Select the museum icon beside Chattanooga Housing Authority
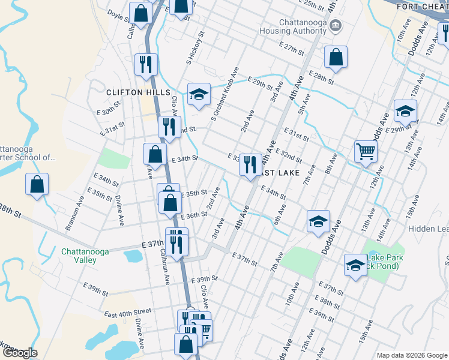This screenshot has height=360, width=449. (x=336, y=25)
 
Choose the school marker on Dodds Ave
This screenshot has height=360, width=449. (x=318, y=221)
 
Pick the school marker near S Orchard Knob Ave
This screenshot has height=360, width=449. (x=199, y=94)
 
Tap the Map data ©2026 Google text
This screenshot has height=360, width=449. (x=411, y=355)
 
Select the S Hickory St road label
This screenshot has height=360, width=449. (x=196, y=49)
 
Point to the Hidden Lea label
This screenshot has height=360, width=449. (x=428, y=229)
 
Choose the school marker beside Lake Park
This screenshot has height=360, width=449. (x=355, y=265)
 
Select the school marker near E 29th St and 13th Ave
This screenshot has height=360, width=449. (x=405, y=111)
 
